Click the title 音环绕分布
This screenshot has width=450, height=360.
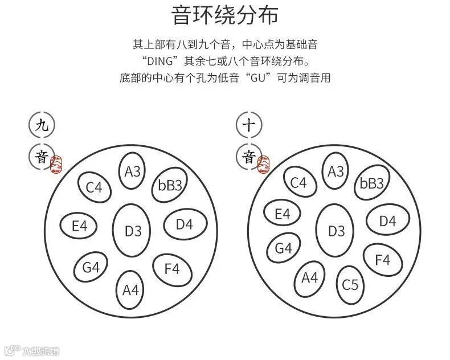[225, 15]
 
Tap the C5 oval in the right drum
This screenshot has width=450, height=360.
[350, 283]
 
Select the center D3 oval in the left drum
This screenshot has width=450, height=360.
[133, 231]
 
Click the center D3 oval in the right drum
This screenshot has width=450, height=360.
[337, 231]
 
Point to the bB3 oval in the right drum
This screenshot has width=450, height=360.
[372, 183]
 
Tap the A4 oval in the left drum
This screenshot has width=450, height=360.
[131, 289]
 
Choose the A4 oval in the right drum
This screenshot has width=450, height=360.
[310, 277]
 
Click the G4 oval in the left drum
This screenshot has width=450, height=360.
[91, 267]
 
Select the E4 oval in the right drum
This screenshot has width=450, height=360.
[283, 214]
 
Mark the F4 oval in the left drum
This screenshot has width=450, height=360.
[171, 268]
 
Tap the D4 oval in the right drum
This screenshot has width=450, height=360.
[387, 221]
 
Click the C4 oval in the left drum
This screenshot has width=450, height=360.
[94, 187]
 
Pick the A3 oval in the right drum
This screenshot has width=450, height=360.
[336, 171]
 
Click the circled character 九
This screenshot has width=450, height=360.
[42, 125]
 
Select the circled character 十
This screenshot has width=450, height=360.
[249, 125]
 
